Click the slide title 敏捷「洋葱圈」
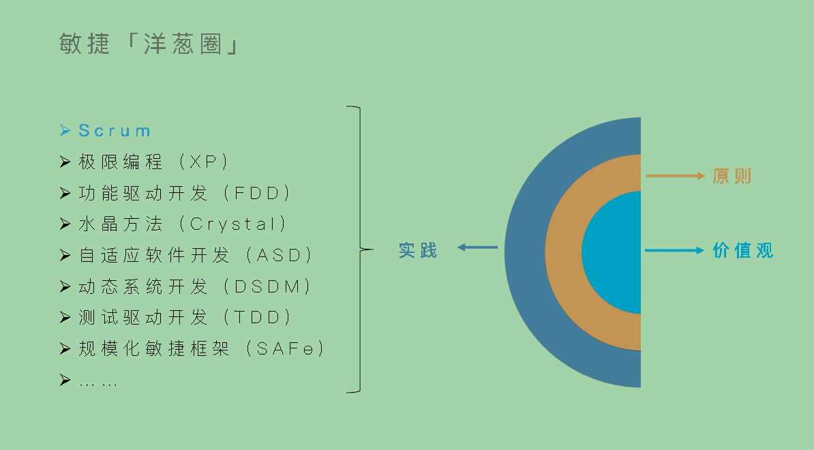coord(149,44)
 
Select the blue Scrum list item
coord(115,130)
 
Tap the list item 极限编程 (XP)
coord(154,162)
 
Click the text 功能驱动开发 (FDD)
coord(185,193)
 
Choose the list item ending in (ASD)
coord(196,255)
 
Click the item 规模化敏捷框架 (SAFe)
coord(202,348)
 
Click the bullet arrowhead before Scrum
coord(65,130)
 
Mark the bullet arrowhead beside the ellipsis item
coord(65,380)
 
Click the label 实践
coord(418,250)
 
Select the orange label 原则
coord(732,176)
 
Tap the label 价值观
coord(743,250)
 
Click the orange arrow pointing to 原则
coord(675,176)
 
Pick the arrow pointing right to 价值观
coord(675,250)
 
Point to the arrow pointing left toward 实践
coord(477,247)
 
